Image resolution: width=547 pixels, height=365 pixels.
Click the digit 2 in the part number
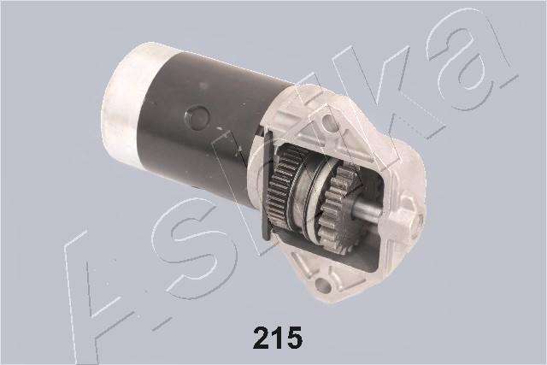pos(263,339)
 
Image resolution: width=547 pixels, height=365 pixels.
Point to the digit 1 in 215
pos(279,339)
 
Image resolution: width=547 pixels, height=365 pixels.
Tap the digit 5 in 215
pos(292,339)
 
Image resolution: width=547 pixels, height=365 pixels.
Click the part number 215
pos(278,339)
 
